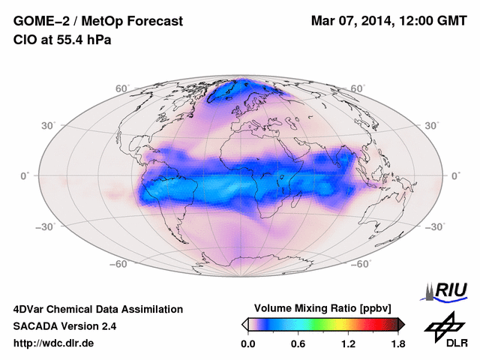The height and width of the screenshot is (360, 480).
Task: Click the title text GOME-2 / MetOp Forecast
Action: click(97, 22)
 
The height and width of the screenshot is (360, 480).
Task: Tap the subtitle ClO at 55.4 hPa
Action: click(62, 40)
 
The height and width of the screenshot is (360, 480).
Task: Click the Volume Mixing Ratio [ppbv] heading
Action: click(323, 309)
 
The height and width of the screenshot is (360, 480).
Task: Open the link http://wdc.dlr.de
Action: click(54, 343)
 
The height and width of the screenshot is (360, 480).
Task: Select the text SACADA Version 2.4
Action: click(64, 326)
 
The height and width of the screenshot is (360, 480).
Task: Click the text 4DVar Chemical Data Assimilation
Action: click(97, 309)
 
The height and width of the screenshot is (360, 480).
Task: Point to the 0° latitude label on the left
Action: click(25, 175)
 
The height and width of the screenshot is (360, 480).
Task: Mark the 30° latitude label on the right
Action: click(433, 126)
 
